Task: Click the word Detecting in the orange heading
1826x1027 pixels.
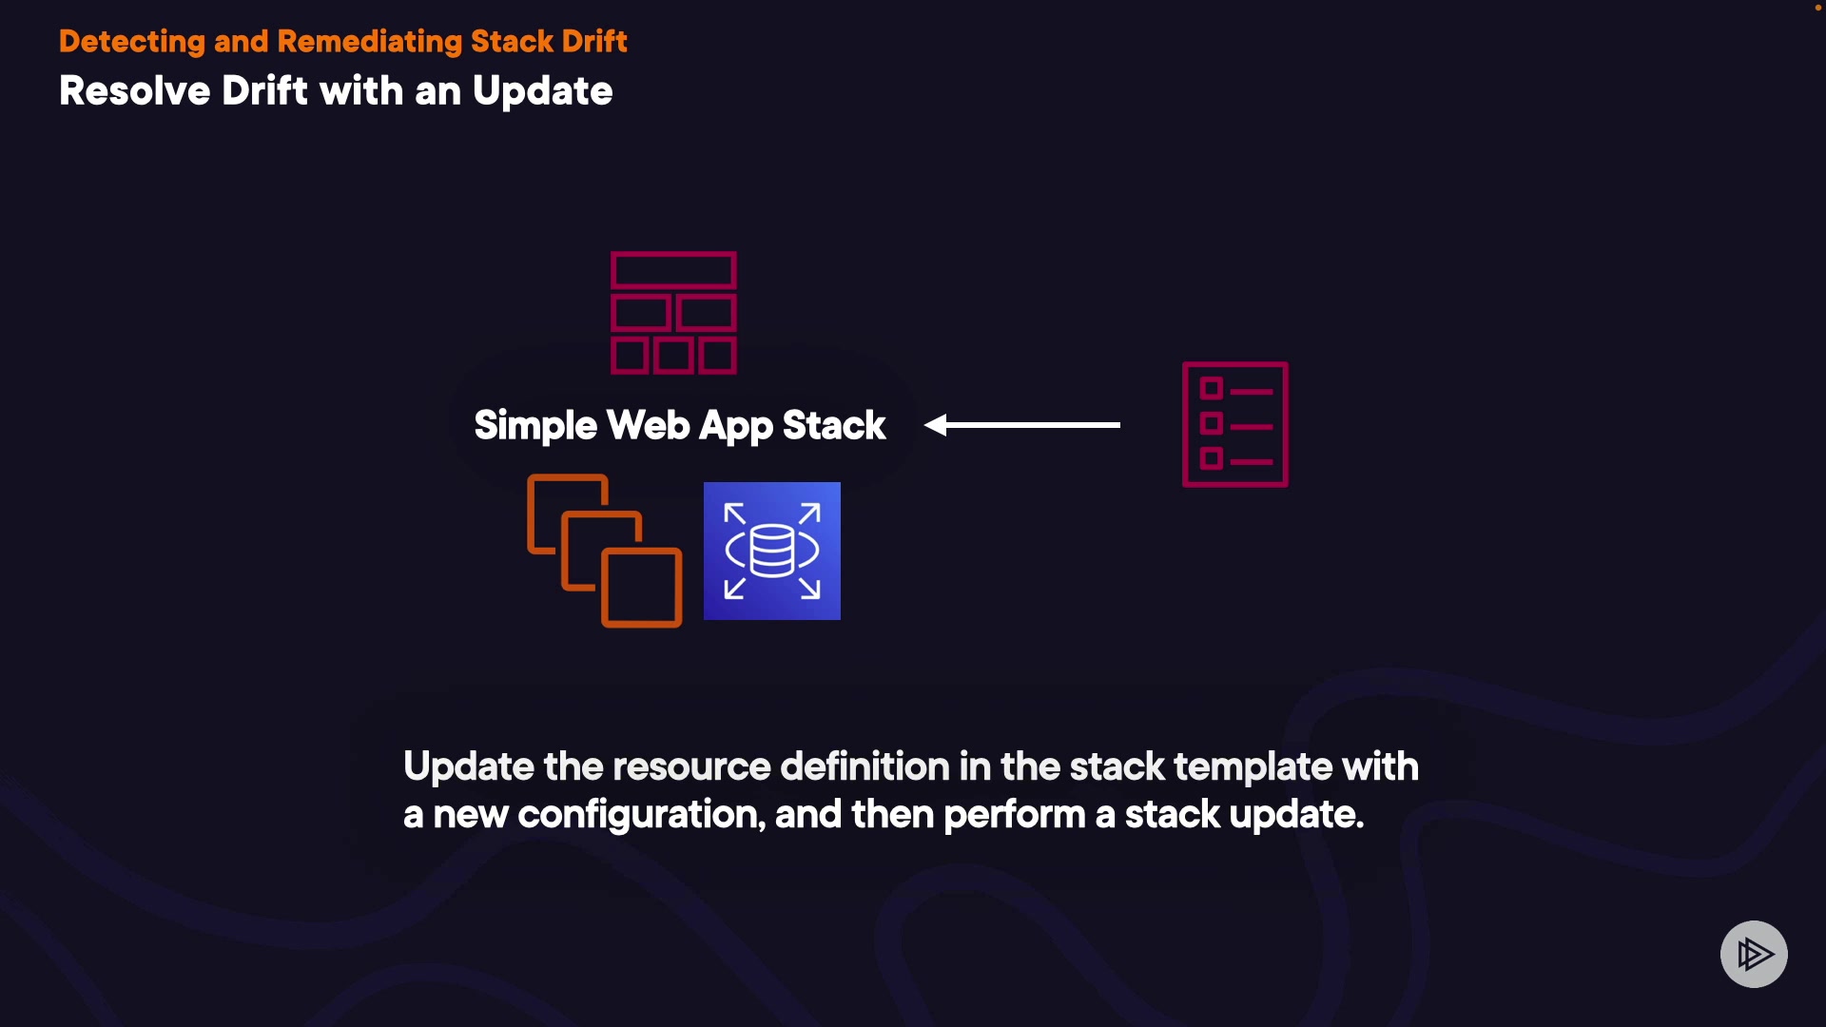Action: pos(132,43)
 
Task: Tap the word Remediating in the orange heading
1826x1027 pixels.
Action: pos(369,42)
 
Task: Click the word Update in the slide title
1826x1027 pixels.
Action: pos(543,92)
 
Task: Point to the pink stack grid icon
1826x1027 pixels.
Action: pos(673,313)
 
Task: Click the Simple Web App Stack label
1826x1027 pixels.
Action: pos(680,426)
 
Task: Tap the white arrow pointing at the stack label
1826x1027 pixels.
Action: pos(1022,425)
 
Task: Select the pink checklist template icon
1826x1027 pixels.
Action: pos(1235,424)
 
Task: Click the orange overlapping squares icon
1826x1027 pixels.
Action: pos(605,551)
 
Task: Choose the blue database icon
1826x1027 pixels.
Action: pos(772,551)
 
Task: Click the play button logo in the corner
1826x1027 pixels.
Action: pos(1754,954)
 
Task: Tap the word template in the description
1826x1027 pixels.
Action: pos(1253,766)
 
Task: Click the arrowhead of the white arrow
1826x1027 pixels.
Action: pos(936,425)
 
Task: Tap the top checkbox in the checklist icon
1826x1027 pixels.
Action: pos(1211,388)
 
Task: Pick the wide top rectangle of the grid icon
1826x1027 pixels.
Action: pos(673,271)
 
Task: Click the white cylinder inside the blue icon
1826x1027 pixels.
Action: pos(772,551)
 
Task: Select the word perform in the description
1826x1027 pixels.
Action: pos(1015,815)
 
